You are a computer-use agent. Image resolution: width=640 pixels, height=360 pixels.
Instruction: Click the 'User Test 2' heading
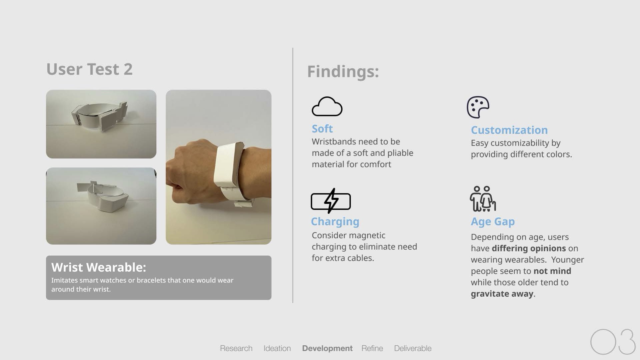click(x=89, y=69)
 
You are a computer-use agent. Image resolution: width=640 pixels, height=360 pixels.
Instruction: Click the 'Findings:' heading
click(x=343, y=72)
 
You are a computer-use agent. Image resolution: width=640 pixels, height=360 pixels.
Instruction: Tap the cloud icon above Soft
click(x=327, y=106)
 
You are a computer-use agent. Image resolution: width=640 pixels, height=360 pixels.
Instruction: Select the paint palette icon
click(x=478, y=107)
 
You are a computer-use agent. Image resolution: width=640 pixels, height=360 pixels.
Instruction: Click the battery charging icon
click(x=331, y=201)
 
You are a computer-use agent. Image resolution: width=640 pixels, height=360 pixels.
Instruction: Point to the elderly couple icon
click(x=483, y=199)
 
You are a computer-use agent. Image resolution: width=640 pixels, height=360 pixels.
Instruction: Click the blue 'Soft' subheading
click(x=322, y=128)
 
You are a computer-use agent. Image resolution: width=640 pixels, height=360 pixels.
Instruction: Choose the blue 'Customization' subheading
click(x=509, y=130)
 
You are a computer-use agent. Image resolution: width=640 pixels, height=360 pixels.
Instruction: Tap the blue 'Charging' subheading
click(x=335, y=222)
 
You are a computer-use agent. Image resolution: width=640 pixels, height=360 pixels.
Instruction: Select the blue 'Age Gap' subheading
click(x=493, y=222)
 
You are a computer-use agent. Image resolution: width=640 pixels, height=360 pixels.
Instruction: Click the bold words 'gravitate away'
click(x=502, y=294)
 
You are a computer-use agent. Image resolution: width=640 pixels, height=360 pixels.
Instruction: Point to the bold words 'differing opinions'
click(x=529, y=248)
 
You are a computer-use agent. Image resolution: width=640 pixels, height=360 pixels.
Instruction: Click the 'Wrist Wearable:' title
click(x=99, y=267)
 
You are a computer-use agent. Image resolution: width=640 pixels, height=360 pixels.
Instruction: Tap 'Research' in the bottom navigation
click(x=236, y=348)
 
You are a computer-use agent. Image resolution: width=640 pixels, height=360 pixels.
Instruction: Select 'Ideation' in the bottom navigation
click(x=277, y=348)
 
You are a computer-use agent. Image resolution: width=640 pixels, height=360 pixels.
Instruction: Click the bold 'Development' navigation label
click(x=327, y=348)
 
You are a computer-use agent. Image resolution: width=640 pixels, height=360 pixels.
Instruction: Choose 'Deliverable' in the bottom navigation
click(x=413, y=348)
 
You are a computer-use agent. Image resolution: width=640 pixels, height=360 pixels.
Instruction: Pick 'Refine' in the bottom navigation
click(x=372, y=348)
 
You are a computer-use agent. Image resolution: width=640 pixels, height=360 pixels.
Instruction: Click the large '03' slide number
click(x=613, y=342)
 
